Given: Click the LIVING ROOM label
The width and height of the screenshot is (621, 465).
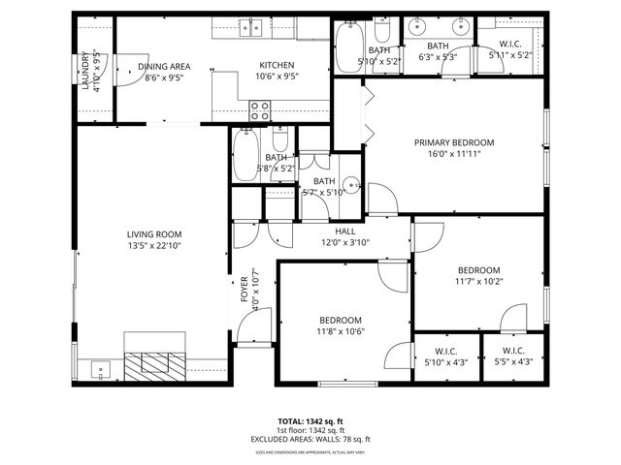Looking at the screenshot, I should point(154,234).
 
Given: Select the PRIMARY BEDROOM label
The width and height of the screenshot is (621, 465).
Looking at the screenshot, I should point(454,142).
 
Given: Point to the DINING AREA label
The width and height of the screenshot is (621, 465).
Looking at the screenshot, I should point(164,66).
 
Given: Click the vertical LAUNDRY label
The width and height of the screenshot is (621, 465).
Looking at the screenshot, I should point(86,71).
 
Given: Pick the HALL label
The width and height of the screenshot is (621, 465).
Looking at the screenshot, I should point(345,232).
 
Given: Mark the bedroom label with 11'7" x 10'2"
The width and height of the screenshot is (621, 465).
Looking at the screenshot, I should point(478,270).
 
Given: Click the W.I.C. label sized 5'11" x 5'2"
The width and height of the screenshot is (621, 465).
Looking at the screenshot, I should point(511,44).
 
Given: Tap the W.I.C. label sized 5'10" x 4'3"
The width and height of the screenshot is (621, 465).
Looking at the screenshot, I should point(446,352).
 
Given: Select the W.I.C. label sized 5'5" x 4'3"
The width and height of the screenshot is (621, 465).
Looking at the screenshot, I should point(513,352).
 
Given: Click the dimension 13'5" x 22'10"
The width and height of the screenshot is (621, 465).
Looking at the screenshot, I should point(154,246).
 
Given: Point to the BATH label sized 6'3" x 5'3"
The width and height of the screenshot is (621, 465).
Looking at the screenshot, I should point(439,46).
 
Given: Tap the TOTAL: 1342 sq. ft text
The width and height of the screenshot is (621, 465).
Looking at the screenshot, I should point(310,421).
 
